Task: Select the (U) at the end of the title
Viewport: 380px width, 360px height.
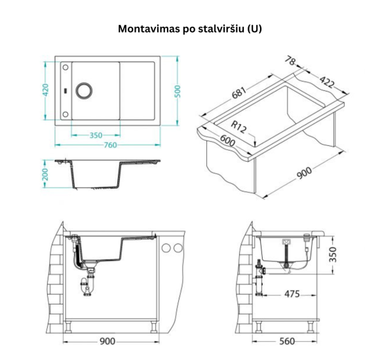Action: coord(255,29)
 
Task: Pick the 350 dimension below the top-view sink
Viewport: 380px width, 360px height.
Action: coord(96,135)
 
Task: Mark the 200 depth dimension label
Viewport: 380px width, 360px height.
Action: coord(45,174)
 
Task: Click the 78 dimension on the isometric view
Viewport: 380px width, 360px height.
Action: coord(291,62)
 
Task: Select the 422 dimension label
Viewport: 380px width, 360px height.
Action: coord(326,82)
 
